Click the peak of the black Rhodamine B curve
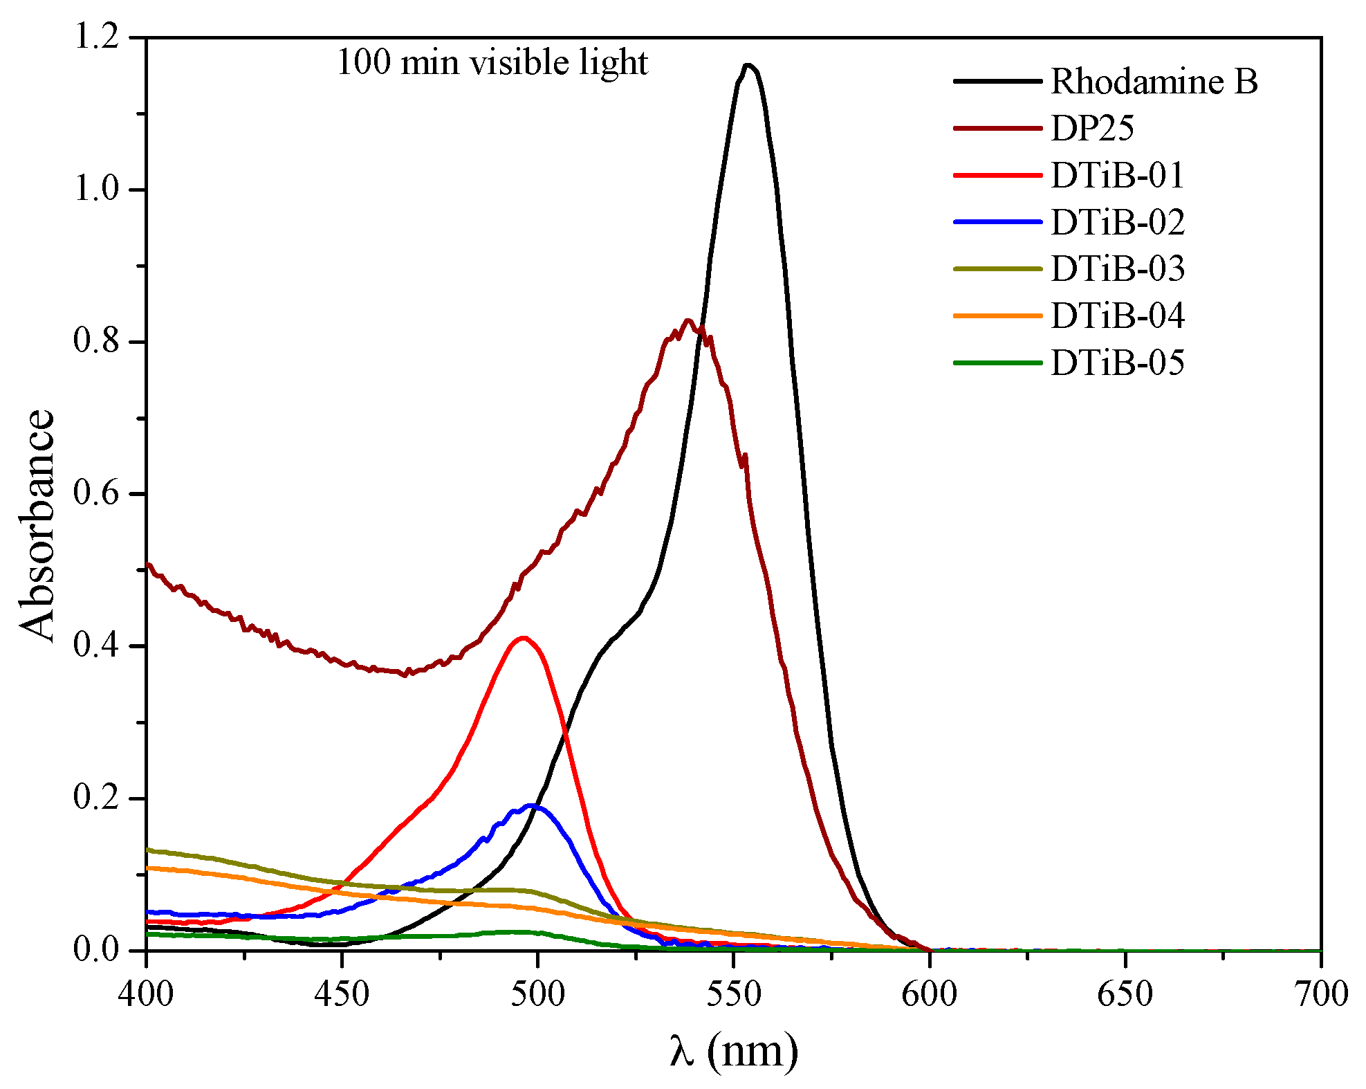coord(748,66)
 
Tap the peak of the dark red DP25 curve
coord(687,320)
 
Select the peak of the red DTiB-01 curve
coord(524,638)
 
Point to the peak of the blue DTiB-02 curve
coord(532,805)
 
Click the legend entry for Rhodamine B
coord(1154,82)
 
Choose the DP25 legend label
coord(1092,128)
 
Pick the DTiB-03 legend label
coord(1118,269)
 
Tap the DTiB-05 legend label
coord(1118,363)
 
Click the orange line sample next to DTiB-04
coord(997,316)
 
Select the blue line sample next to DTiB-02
coord(997,222)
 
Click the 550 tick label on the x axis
coord(733,995)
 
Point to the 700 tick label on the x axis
coord(1320,995)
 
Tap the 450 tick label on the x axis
coord(342,995)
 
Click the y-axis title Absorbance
coord(36,526)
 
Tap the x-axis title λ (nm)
coord(734,1052)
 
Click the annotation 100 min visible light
coord(492,63)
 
